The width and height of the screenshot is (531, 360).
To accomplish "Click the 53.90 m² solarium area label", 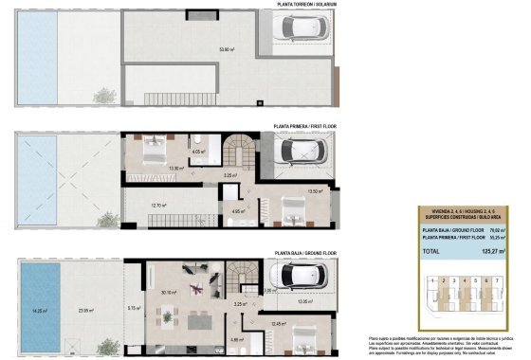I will point(226,49).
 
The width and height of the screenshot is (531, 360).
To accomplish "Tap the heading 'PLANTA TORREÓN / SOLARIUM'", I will point(304,5).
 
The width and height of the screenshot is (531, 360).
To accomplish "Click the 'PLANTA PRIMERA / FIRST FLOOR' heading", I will point(304,125).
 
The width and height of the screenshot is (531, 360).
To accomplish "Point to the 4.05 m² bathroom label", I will point(198,152).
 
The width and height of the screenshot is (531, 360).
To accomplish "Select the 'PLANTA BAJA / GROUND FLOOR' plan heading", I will point(305,253).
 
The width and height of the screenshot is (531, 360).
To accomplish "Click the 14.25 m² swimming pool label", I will point(39,310).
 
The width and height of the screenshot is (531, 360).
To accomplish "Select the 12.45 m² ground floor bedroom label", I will point(278,323).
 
